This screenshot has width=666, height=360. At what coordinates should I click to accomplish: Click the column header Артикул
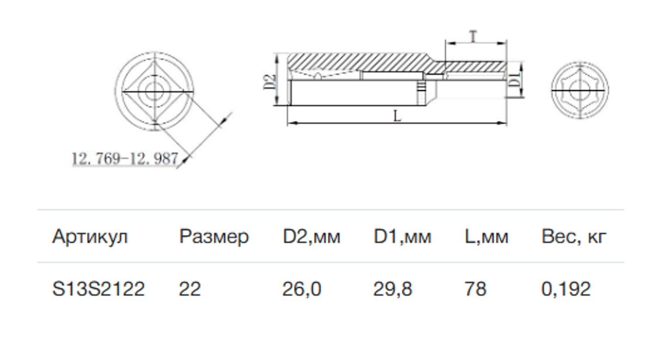tap(90, 236)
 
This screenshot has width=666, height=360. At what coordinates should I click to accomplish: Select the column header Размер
tap(214, 236)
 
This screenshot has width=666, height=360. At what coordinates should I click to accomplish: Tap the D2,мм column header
tap(311, 236)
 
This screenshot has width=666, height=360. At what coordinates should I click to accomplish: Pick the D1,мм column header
tap(402, 236)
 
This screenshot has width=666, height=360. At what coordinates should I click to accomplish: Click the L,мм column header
tap(486, 236)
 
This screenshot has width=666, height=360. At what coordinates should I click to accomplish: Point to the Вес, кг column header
tap(574, 236)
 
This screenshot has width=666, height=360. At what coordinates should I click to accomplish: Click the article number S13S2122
tap(99, 289)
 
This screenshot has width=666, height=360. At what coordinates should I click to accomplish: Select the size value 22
tap(189, 289)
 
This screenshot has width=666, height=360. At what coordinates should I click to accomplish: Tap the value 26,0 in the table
tap(301, 289)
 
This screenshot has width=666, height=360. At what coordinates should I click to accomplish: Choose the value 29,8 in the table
tap(392, 289)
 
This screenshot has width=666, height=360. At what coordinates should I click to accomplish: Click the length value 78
tap(475, 289)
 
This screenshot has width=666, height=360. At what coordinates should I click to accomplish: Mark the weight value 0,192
tap(566, 289)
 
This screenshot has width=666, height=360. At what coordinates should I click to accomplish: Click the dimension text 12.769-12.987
tap(125, 159)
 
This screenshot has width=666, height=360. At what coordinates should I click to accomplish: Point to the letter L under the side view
tap(397, 116)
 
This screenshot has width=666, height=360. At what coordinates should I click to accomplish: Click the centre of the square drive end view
tap(154, 92)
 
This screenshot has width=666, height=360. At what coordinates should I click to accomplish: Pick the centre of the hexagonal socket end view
tap(580, 90)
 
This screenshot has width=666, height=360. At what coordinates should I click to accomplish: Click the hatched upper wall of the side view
tap(358, 62)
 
